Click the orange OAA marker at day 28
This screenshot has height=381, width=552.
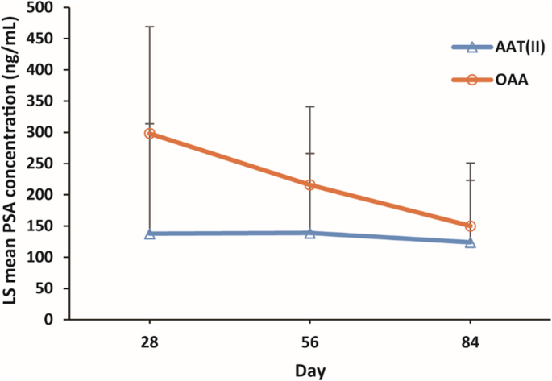tap(149, 133)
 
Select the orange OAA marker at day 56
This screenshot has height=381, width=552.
tap(310, 185)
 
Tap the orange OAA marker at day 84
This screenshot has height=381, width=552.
tap(471, 226)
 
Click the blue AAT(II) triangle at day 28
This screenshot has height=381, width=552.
tap(149, 234)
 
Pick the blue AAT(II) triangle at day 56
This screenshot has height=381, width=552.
tap(310, 233)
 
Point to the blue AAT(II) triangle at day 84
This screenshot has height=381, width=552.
tap(471, 242)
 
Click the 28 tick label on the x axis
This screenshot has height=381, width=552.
tap(149, 342)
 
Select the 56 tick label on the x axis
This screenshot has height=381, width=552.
tap(310, 342)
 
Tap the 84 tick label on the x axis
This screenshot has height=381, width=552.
tap(471, 342)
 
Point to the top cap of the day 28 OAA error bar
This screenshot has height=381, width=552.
tap(149, 27)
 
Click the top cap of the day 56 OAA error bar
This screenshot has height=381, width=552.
tap(310, 106)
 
